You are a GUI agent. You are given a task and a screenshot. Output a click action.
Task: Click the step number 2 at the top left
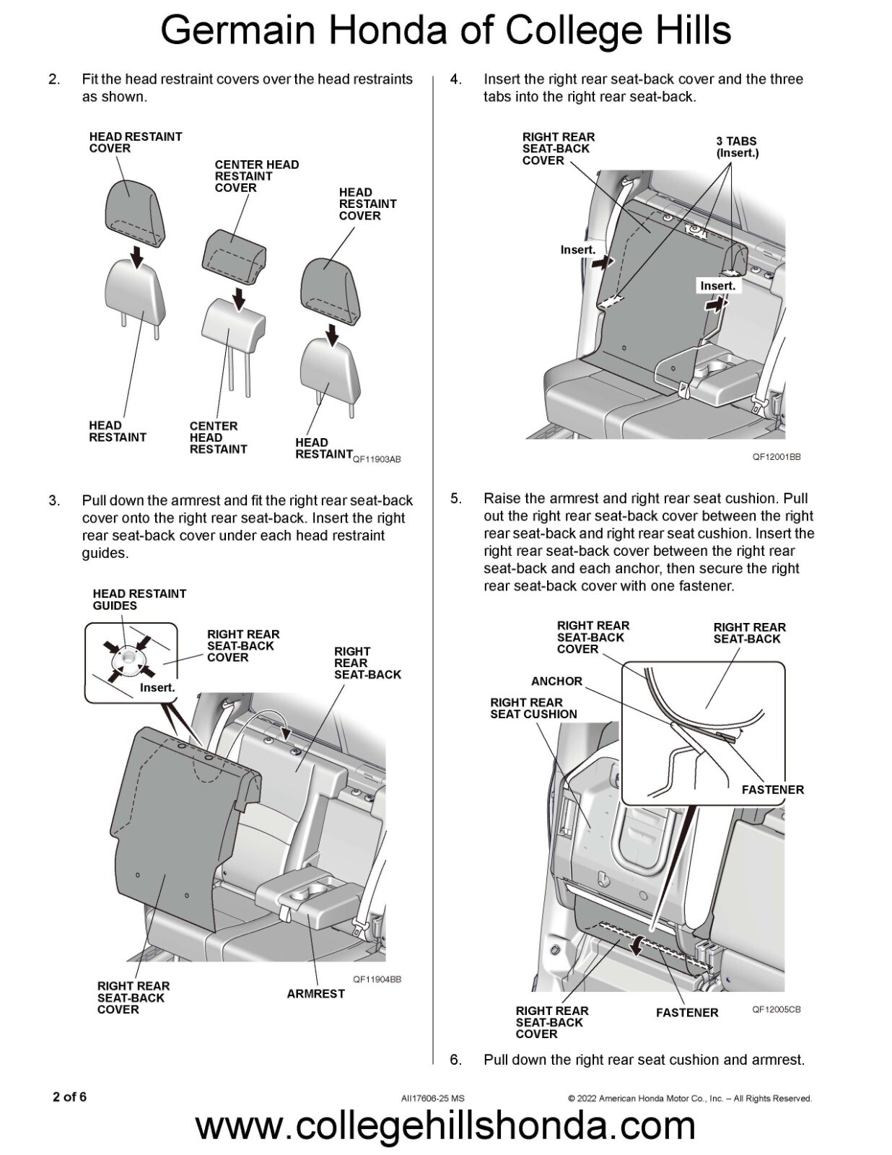tap(54, 79)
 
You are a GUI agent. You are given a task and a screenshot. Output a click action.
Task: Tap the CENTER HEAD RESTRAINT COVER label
tap(256, 176)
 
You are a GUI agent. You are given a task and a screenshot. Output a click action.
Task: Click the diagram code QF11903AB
tap(377, 460)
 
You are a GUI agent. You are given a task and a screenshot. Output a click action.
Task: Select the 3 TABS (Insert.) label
tap(737, 147)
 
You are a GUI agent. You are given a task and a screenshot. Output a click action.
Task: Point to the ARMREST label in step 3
tap(315, 994)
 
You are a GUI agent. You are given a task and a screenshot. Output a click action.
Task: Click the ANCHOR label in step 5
tap(556, 681)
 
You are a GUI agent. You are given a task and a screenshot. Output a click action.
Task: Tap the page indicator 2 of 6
tap(69, 1097)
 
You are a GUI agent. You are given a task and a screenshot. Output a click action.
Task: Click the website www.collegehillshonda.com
tap(445, 1126)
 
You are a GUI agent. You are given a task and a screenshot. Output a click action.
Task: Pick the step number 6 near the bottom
tap(455, 1060)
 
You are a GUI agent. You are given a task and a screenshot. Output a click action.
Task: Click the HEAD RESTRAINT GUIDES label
tap(139, 600)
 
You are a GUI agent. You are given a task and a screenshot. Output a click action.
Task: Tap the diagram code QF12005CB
tap(777, 1009)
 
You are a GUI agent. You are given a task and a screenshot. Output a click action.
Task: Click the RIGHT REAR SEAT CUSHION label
tap(533, 708)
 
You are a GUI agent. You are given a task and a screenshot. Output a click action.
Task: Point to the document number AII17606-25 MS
tap(433, 1099)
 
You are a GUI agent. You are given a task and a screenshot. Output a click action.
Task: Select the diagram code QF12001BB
tap(777, 457)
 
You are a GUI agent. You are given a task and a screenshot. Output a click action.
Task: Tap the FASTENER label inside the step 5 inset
tap(772, 790)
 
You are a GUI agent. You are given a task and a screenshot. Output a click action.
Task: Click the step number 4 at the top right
tap(455, 79)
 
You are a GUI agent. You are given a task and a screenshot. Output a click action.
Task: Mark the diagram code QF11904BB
tap(377, 980)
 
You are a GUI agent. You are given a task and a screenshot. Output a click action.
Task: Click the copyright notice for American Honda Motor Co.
tap(690, 1099)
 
